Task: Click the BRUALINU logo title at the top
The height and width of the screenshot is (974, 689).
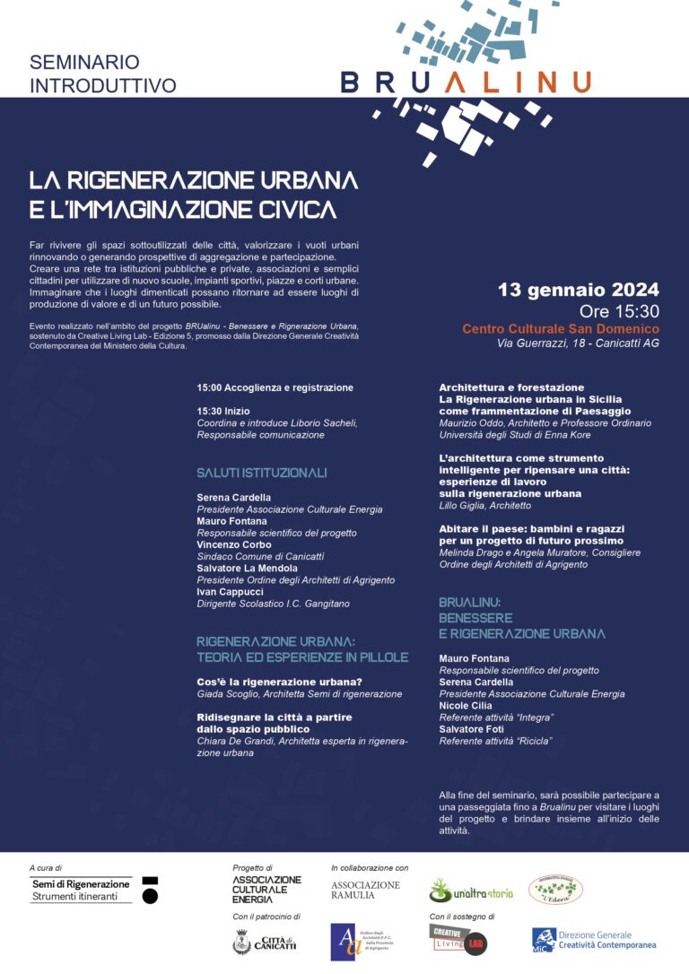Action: tap(466, 83)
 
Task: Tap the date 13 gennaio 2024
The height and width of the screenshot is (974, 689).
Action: tap(579, 290)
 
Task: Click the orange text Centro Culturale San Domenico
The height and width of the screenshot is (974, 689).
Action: tap(561, 329)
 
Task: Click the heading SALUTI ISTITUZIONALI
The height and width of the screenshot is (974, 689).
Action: tap(262, 473)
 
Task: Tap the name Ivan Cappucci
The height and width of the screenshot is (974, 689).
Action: tap(231, 592)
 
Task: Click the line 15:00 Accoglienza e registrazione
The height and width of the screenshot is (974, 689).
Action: tap(275, 387)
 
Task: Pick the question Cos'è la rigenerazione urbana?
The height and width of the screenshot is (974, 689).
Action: tap(279, 682)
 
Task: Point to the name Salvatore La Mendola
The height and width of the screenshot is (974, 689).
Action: tap(248, 569)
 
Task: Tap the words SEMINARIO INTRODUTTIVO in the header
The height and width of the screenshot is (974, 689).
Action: tap(103, 74)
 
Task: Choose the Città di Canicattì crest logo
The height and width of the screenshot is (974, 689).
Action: tap(264, 942)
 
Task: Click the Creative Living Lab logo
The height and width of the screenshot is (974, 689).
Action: tap(458, 940)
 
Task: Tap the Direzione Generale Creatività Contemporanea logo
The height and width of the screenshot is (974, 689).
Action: tap(594, 939)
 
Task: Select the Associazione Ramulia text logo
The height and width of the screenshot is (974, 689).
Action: tap(366, 890)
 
